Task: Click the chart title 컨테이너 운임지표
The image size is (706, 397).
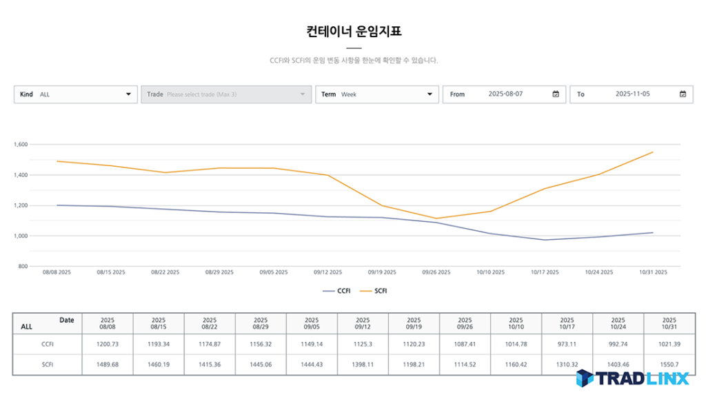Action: [x=353, y=31]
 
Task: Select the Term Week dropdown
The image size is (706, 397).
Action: [x=376, y=94]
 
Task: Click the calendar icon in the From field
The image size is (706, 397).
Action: [x=556, y=94]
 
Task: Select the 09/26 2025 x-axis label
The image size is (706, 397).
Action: [x=436, y=272]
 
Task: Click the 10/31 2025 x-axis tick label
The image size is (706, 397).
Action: [x=652, y=272]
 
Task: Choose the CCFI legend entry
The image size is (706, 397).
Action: [x=337, y=291]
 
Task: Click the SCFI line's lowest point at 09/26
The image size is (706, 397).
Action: [x=436, y=218]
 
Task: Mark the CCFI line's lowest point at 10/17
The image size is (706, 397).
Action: [x=545, y=240]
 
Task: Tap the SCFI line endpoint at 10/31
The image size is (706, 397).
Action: [x=652, y=152]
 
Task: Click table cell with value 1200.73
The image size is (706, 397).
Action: [x=108, y=344]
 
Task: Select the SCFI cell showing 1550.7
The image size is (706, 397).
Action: [x=669, y=364]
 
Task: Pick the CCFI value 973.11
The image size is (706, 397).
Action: [x=567, y=344]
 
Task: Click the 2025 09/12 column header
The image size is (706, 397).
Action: [x=363, y=324]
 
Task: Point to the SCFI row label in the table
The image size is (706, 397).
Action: [x=48, y=364]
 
